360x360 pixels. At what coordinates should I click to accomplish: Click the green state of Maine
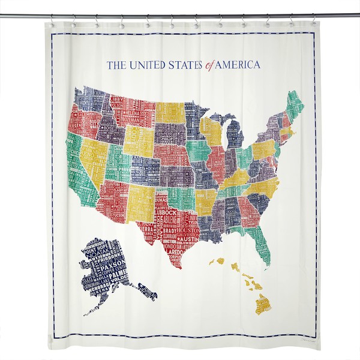point(295,104)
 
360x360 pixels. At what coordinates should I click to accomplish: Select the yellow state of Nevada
point(94,157)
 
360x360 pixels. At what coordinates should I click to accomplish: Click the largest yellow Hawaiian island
point(263,304)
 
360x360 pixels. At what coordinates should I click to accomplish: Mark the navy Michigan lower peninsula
point(235,135)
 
